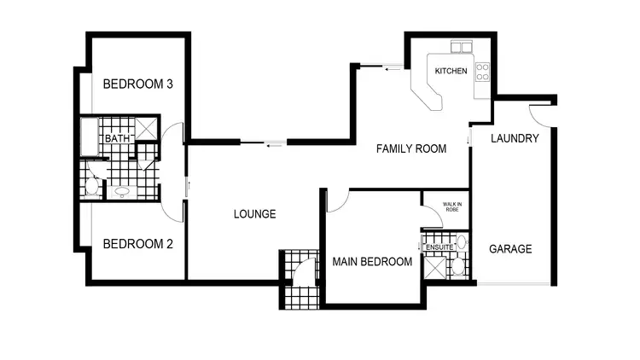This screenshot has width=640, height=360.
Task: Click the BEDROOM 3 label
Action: [x=138, y=84]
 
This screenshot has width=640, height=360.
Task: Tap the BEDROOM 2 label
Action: [x=138, y=244]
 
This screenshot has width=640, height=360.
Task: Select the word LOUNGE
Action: [x=254, y=214]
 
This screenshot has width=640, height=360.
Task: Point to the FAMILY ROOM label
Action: [x=411, y=148]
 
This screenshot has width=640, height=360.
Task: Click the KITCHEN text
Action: [x=451, y=71]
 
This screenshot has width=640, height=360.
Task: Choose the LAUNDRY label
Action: [x=515, y=138]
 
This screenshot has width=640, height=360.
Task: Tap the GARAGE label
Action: [x=510, y=249]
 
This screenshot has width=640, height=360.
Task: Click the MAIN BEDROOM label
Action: [x=372, y=262]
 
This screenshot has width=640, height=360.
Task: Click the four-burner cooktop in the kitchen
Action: [x=482, y=71]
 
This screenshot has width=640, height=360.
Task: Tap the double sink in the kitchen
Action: [x=461, y=47]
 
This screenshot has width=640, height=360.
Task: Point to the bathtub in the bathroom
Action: [x=90, y=136]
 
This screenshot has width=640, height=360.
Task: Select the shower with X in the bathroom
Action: [x=145, y=129]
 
